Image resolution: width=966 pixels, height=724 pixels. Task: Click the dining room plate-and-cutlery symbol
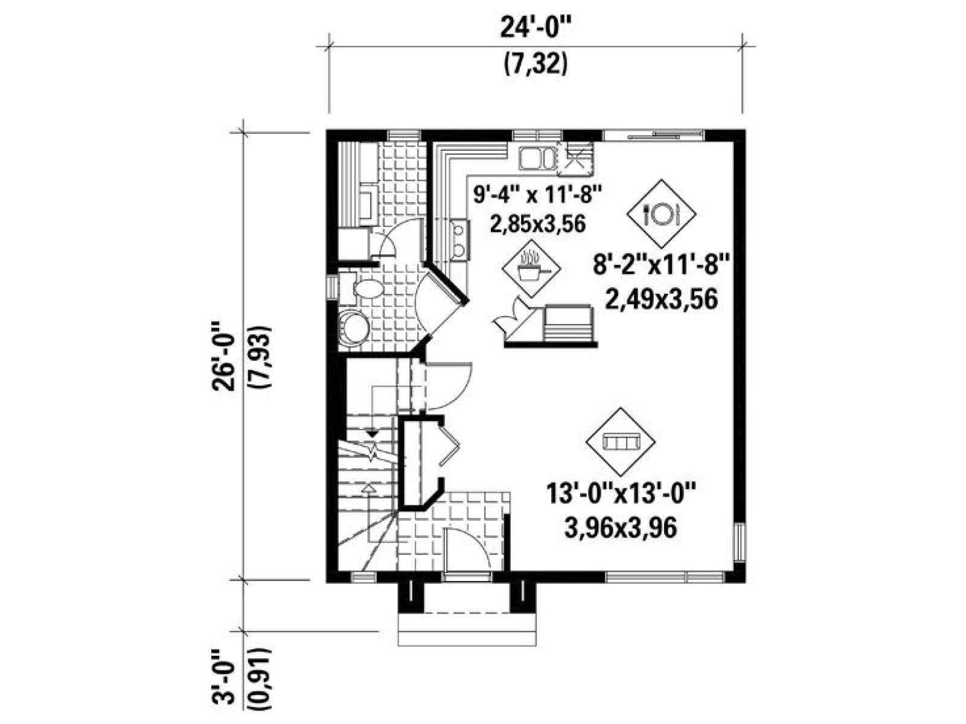(x=661, y=214)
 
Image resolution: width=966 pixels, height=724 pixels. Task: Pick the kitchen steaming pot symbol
(x=533, y=268)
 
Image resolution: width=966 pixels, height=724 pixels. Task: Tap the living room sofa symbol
(x=620, y=442)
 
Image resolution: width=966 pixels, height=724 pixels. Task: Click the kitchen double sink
(x=537, y=159)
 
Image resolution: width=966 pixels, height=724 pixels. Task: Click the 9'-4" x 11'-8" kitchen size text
(x=537, y=194)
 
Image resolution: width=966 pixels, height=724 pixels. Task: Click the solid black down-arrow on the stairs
(x=373, y=433)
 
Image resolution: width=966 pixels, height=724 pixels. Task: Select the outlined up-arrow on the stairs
(x=369, y=487)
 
